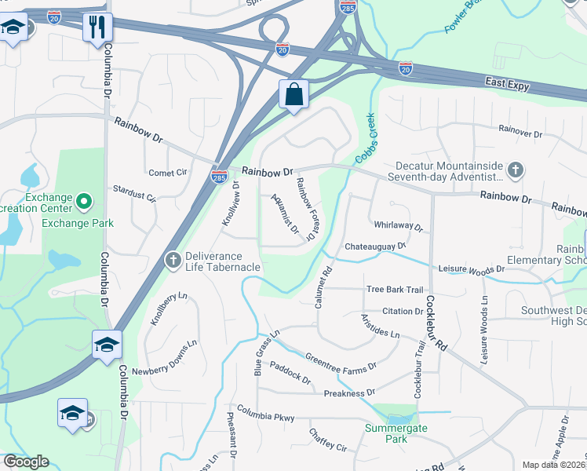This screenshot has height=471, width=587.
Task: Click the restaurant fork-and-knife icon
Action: click(97, 27)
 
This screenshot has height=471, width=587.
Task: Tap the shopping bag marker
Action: click(293, 94)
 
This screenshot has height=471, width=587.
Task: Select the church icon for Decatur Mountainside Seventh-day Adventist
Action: click(515, 170)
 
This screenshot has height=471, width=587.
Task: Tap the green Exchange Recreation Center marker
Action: click(84, 203)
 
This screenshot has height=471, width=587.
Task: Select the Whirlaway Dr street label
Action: click(398, 226)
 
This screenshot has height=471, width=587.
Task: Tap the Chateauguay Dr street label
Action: click(375, 246)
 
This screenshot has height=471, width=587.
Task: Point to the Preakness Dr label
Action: click(349, 392)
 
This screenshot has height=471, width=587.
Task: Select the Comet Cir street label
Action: click(169, 173)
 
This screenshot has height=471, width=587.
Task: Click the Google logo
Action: click(26, 462)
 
